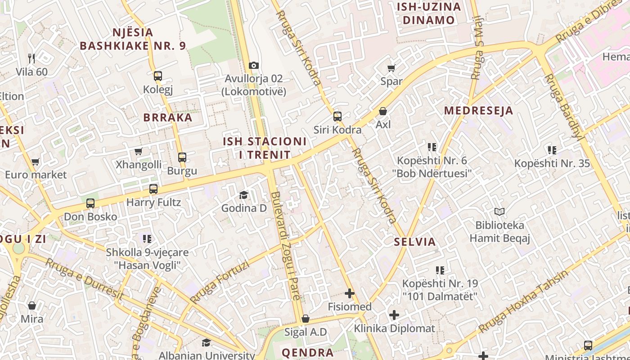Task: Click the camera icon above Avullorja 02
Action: tap(254, 65)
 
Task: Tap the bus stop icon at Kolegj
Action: tap(157, 76)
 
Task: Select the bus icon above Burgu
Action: tap(182, 157)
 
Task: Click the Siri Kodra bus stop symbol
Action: tap(337, 117)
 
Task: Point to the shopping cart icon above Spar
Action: tap(391, 68)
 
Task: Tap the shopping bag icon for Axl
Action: tap(383, 111)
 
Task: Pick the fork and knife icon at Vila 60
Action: tap(31, 58)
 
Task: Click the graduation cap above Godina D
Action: tap(243, 195)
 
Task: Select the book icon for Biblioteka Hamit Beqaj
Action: tap(499, 211)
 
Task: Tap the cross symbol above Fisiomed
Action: tap(350, 293)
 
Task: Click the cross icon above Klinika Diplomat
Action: tap(394, 315)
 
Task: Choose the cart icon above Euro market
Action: tap(36, 162)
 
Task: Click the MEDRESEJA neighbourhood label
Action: tap(478, 111)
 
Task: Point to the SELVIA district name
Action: tap(415, 242)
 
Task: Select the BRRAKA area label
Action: tap(167, 117)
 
